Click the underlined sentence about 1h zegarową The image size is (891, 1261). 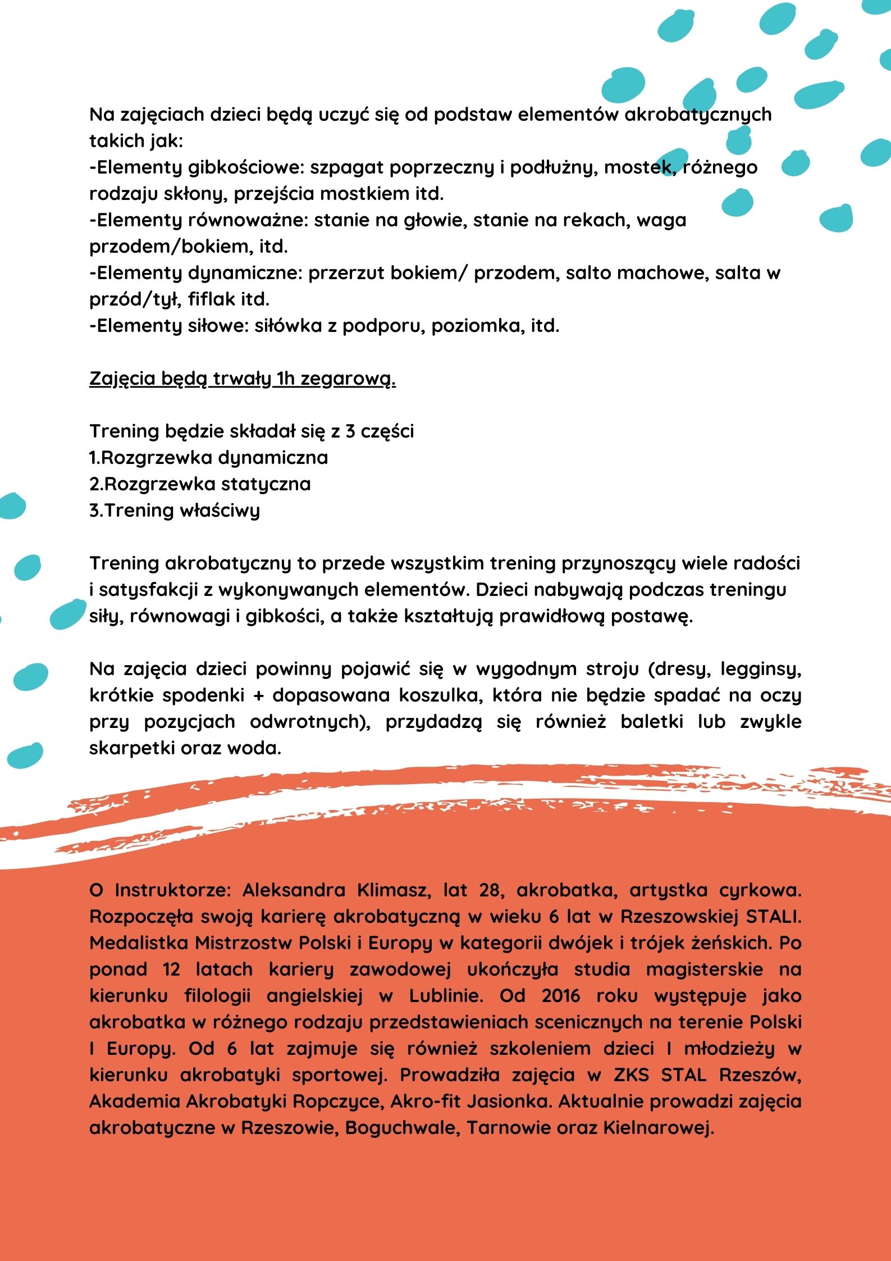click(242, 379)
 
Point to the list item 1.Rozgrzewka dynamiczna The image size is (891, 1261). click(208, 458)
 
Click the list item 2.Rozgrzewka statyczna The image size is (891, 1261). click(200, 484)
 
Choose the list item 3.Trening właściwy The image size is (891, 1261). click(175, 511)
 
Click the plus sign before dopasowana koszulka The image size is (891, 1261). click(259, 696)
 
